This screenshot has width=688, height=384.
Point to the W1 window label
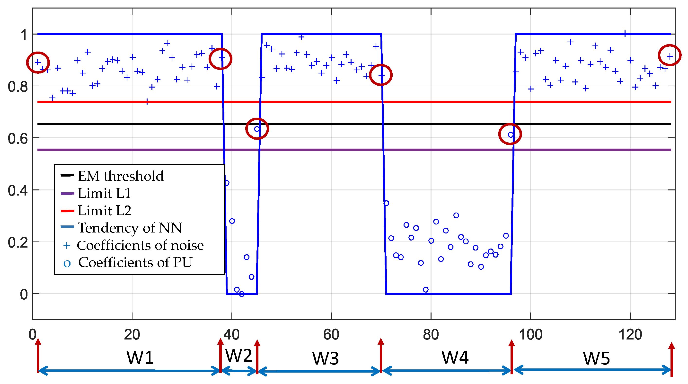tap(140, 357)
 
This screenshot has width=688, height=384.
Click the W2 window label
tap(238, 355)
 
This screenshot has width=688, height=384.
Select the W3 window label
tap(325, 358)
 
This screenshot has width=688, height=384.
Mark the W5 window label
tap(596, 358)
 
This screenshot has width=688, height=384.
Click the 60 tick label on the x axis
tap(331, 335)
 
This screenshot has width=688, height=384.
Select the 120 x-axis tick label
tap(630, 335)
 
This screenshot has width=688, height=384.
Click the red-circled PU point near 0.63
tap(257, 129)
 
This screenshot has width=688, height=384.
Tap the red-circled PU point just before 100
tap(510, 135)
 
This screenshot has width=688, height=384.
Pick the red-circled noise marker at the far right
tap(670, 56)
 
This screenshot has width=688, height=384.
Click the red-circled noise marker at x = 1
tap(38, 62)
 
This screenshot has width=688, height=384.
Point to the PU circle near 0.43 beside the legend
tap(227, 183)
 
